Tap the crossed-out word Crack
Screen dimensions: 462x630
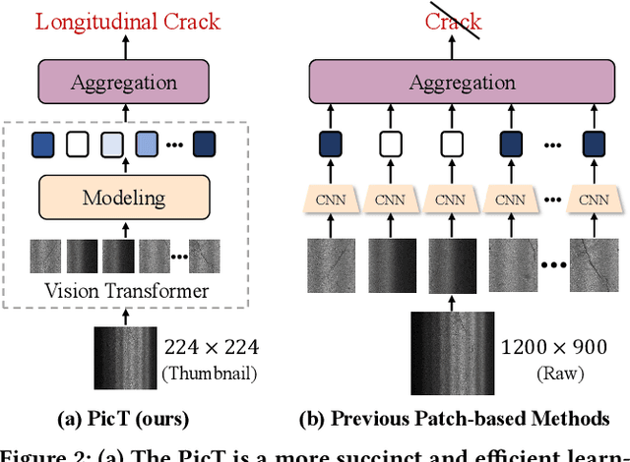point(454,20)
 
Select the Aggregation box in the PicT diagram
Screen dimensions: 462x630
point(124,82)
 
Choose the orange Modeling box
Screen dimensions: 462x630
point(124,197)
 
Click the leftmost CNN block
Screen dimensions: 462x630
point(330,200)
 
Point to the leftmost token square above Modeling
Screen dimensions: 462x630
point(41,144)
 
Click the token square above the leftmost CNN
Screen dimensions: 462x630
point(330,144)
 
